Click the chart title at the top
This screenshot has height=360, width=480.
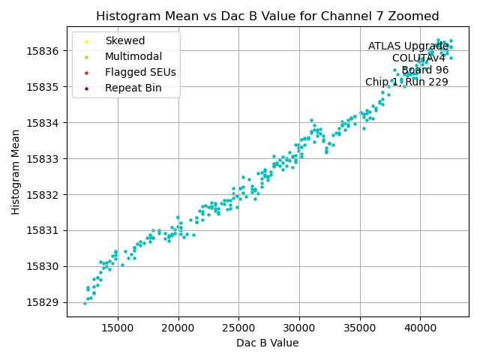268,16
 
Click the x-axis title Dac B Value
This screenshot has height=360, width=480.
268,343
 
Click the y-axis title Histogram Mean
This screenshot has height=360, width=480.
16,172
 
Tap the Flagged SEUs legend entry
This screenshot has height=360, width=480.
140,72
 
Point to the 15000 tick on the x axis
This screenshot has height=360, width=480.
118,327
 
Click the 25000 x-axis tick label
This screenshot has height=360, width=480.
238,327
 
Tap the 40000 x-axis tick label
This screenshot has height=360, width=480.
420,327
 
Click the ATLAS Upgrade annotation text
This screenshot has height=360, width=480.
408,46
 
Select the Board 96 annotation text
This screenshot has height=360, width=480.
424,70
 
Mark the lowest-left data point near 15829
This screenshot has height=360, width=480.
85,303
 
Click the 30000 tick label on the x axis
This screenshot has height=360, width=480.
299,327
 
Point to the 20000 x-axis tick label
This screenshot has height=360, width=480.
178,327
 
